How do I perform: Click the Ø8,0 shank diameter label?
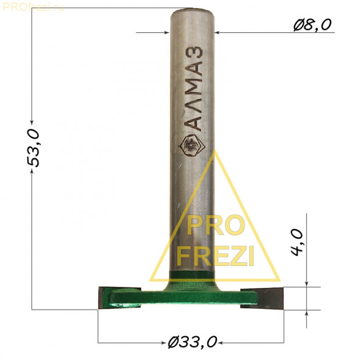312,25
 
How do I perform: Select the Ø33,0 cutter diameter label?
193,342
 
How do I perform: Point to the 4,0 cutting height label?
297,242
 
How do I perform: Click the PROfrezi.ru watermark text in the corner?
33,8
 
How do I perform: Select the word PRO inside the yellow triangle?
215,225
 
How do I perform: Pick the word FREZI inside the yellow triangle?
215,255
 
